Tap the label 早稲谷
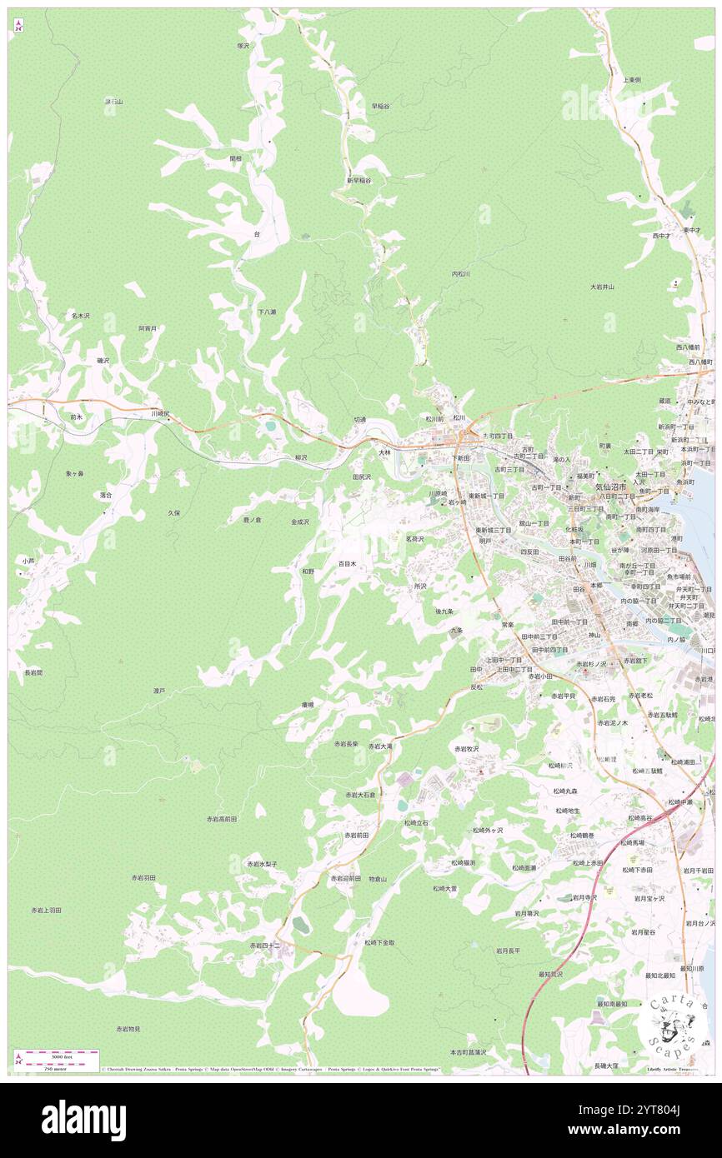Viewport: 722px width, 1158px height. (x=380, y=106)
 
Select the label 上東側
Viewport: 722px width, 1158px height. (x=631, y=79)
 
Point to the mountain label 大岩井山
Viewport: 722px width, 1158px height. (x=602, y=287)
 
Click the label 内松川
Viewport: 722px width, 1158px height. (x=461, y=273)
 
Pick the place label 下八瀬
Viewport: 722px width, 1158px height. (x=267, y=312)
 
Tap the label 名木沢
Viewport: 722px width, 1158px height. (x=81, y=316)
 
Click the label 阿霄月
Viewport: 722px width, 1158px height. (x=148, y=328)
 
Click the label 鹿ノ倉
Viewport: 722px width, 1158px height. (x=252, y=520)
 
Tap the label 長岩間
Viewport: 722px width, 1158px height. (x=33, y=672)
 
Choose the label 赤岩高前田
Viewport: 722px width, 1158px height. (x=222, y=820)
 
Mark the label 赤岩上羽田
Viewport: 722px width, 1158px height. (x=46, y=911)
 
